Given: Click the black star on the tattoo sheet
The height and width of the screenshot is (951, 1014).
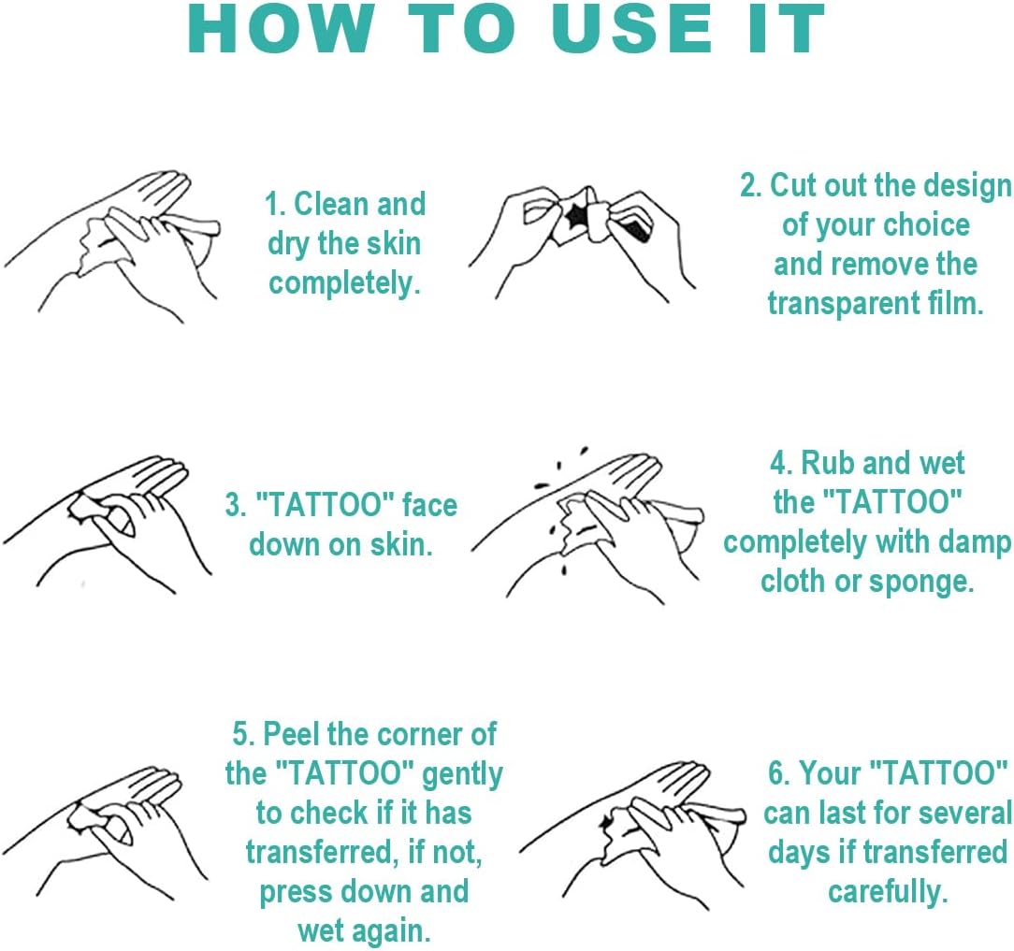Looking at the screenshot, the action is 573,217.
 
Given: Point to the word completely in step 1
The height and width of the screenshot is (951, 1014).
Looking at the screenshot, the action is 344,284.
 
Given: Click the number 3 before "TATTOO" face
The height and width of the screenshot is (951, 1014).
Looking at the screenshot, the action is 232,505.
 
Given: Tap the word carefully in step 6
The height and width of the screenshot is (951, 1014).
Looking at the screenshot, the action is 888,892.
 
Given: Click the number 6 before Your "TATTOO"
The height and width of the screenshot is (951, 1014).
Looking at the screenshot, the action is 776,773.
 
